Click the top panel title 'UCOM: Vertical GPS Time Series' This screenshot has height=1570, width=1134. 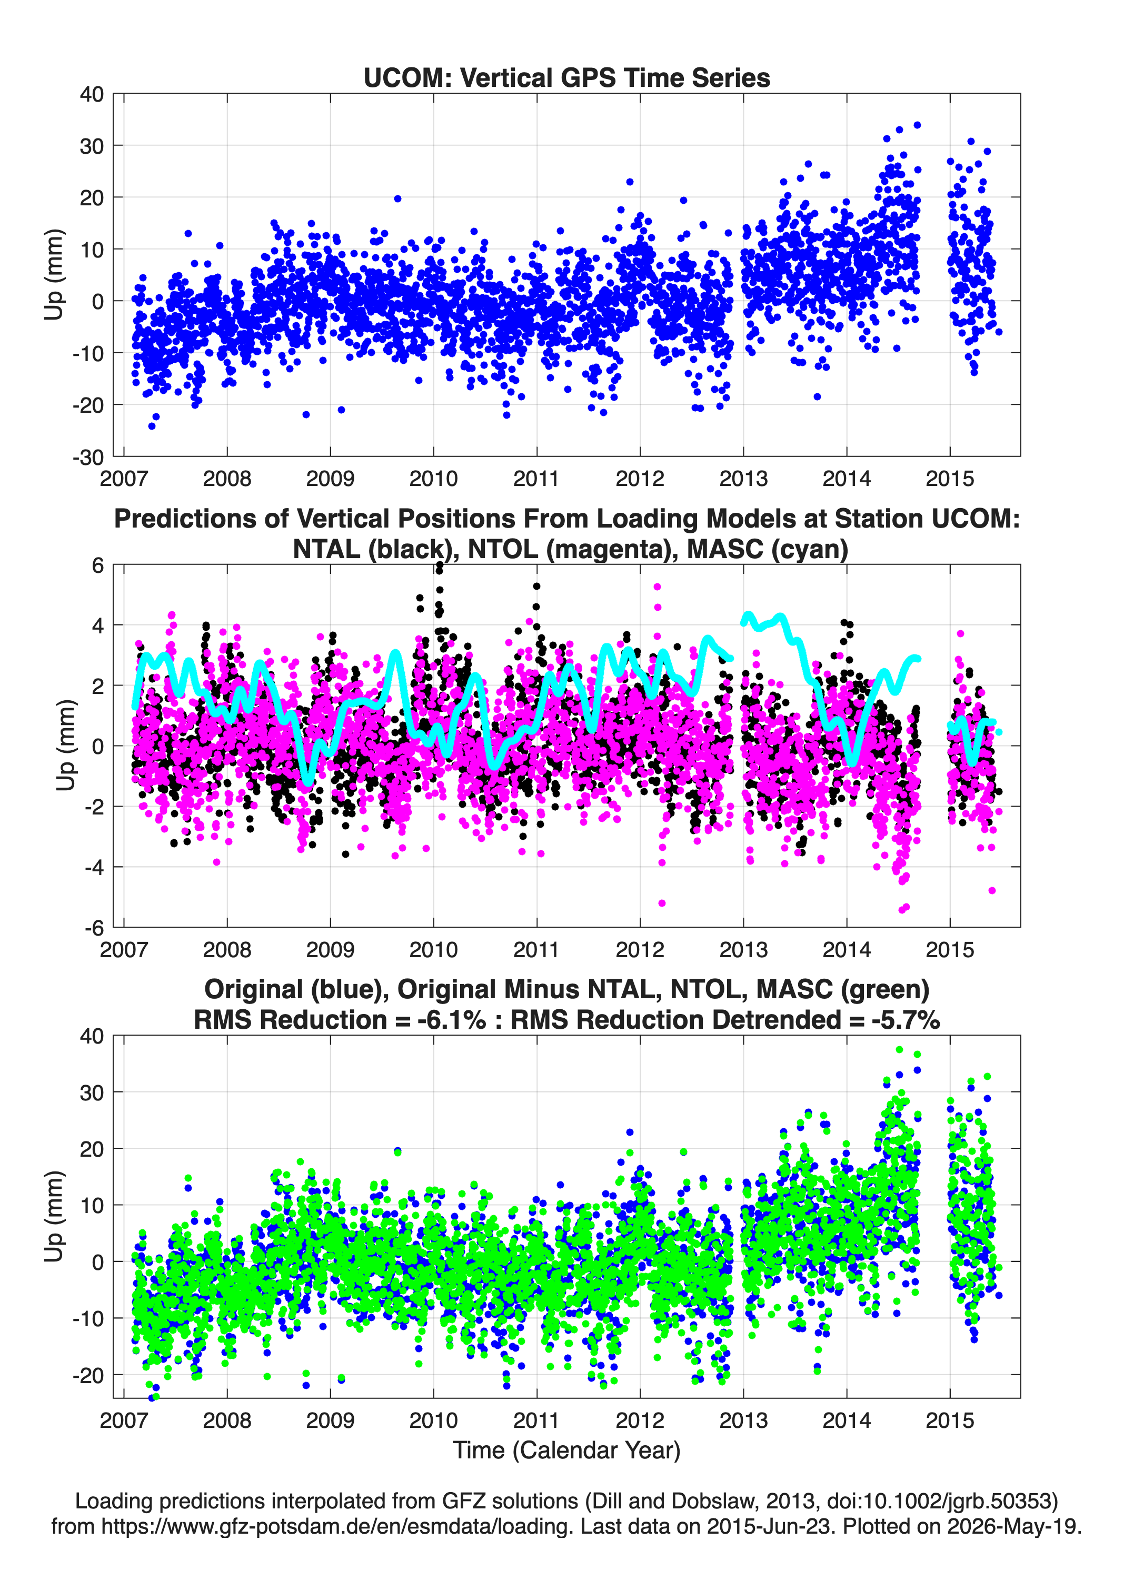(566, 77)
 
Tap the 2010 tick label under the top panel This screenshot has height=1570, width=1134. (433, 479)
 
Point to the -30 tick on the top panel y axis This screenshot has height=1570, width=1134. (88, 457)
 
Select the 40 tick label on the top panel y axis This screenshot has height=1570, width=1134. (92, 94)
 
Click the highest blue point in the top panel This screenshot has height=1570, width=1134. (917, 125)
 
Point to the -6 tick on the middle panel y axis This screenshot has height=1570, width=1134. (94, 928)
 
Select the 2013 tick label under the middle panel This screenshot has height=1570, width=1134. (743, 950)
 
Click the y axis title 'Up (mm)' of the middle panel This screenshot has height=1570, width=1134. (66, 746)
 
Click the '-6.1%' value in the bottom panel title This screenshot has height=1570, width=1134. (451, 1020)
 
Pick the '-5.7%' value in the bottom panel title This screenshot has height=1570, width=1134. (906, 1020)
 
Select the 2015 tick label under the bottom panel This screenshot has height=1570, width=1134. (950, 1420)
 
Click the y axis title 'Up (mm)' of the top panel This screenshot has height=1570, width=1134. (54, 275)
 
